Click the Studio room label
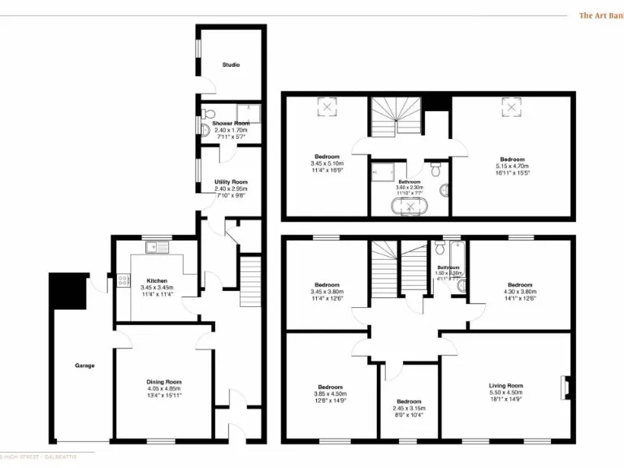pos(232,65)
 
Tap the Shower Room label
pos(230,123)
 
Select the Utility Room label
pos(231,182)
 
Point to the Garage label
pos(84,366)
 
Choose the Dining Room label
pos(163,382)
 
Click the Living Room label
pos(505,386)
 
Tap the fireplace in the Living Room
pos(564,386)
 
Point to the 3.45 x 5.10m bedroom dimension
pos(327,163)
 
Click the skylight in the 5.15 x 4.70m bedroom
pos(511,106)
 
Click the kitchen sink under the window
pos(152,247)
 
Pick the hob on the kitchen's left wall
pos(123,281)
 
